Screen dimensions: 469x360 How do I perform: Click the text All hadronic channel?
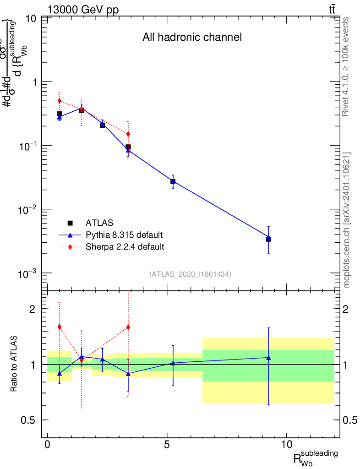pos(192,37)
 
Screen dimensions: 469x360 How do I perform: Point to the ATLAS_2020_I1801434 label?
pos(190,274)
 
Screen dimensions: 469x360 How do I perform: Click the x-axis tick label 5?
pos(167,445)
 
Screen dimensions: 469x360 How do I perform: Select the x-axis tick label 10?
pos(286,445)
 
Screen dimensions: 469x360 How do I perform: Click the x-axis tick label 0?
pos(48,445)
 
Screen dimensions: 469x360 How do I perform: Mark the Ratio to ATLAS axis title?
pos(14,364)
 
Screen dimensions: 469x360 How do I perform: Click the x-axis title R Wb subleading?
pos(316,458)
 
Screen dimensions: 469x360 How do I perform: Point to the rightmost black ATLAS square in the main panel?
pos(268,239)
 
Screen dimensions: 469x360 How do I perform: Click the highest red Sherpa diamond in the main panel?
pos(59,101)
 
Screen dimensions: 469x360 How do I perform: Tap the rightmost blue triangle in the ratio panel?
pos(268,357)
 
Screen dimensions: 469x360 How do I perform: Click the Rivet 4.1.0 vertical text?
pos(346,67)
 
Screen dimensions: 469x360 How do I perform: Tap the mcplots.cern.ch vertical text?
pos(347,220)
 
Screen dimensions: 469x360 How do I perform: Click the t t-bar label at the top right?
pos(332,10)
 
